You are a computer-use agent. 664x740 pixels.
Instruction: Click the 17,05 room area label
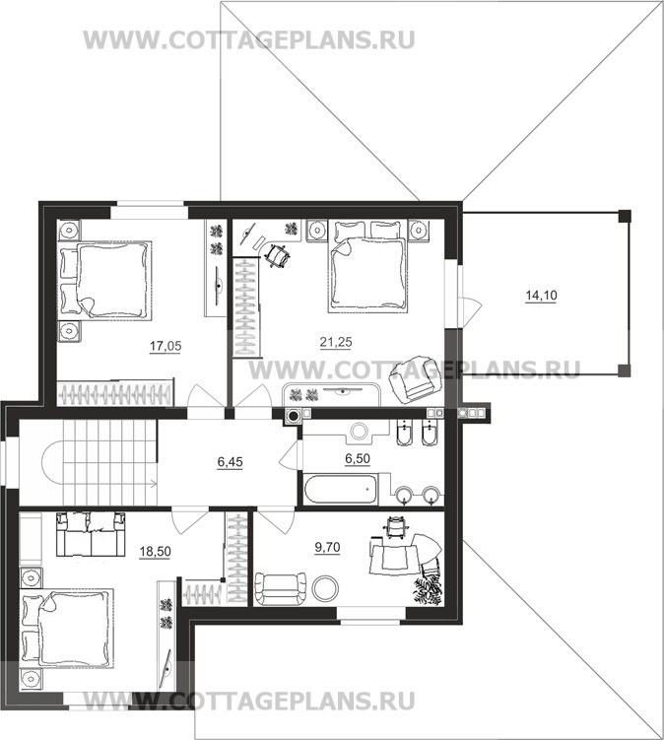click(166, 347)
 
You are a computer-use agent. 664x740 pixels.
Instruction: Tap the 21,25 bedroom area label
click(336, 342)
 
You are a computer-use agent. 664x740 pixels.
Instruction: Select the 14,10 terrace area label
click(541, 296)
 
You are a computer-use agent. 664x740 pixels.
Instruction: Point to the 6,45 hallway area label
click(230, 462)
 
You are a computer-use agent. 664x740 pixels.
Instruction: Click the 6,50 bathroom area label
click(358, 458)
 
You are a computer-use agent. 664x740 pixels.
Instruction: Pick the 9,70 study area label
click(327, 548)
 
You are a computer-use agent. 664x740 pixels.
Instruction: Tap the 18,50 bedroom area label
click(156, 551)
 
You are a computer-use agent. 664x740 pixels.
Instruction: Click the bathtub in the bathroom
click(340, 490)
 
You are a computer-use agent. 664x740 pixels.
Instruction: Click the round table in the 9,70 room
click(325, 588)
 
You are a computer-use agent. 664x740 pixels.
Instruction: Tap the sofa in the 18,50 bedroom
click(91, 534)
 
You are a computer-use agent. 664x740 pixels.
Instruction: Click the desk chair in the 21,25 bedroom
click(278, 256)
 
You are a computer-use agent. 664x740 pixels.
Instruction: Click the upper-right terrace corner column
click(625, 216)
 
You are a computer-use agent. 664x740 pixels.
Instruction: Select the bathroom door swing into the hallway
click(289, 455)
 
